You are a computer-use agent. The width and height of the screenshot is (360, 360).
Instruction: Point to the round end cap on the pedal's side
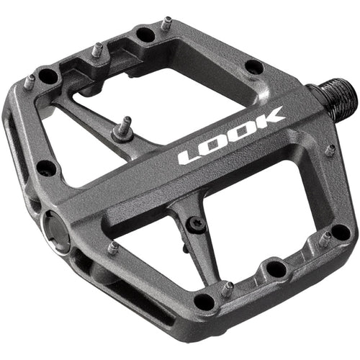(56, 229)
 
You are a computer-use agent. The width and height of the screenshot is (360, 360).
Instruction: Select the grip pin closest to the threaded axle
(330, 150)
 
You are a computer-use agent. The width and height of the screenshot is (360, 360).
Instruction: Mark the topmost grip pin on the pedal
(166, 24)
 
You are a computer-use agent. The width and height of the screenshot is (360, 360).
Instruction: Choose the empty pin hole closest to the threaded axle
(253, 67)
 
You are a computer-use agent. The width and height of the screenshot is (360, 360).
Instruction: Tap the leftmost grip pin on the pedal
(28, 81)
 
